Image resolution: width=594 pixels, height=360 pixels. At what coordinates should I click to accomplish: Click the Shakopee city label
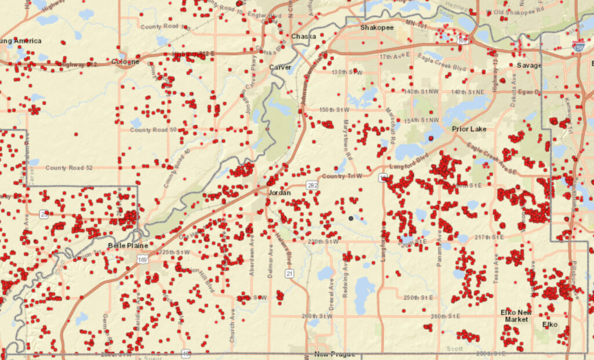point(378,27)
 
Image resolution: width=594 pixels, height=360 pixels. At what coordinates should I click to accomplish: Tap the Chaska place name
point(303,36)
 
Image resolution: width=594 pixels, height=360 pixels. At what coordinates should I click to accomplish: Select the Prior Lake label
point(469,129)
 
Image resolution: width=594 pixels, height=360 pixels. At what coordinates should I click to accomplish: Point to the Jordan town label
point(280,192)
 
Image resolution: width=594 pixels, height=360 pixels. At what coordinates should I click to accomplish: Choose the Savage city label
point(528,66)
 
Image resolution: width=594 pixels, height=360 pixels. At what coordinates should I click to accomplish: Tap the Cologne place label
point(126,61)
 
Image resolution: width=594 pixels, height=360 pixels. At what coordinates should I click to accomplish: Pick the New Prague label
point(334,354)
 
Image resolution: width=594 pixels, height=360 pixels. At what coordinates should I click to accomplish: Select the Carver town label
point(280,67)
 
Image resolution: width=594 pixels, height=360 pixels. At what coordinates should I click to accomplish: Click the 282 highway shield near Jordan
point(313,185)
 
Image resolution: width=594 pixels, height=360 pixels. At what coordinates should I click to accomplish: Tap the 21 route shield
point(289,272)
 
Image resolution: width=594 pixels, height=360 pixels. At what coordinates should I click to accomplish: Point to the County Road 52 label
point(69,168)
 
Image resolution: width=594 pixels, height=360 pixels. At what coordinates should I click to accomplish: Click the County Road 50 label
point(153,130)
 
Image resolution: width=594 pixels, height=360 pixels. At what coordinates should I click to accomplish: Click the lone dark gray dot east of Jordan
point(351,218)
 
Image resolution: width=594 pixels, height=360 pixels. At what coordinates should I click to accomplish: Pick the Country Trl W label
point(342,176)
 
